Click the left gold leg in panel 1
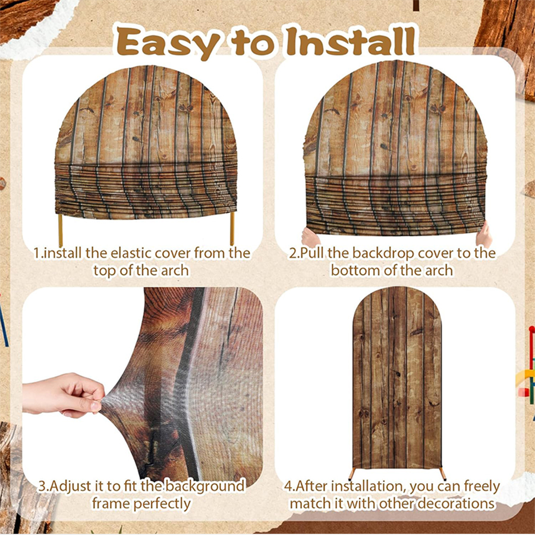coord(61,230)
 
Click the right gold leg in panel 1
coord(232,229)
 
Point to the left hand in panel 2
coord(310,237)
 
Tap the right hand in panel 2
coord(485,235)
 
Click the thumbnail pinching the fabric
coord(96,406)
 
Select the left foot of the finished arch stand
coord(352,474)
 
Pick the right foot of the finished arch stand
coord(443,474)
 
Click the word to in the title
coord(253,44)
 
